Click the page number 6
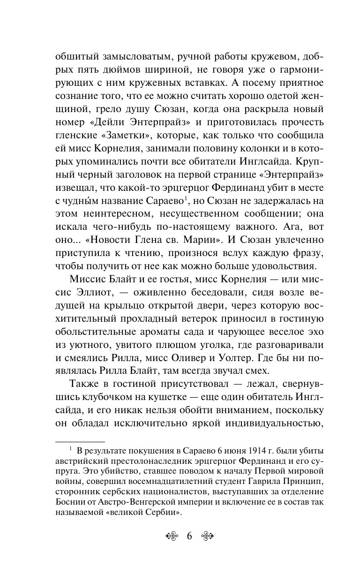189,536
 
